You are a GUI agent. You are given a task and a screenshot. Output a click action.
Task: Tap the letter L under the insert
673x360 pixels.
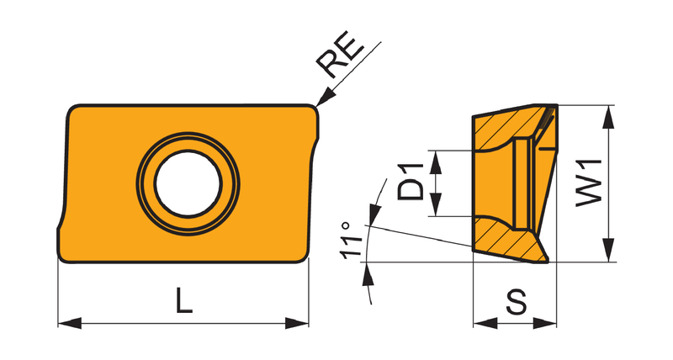click(183, 300)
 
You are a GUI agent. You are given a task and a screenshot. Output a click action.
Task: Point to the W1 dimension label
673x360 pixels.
click(590, 183)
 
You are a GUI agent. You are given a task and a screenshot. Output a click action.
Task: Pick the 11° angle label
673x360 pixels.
click(351, 241)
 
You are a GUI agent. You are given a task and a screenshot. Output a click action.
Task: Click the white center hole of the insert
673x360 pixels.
click(188, 183)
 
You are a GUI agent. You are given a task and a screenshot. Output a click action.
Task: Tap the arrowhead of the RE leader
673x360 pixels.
click(325, 96)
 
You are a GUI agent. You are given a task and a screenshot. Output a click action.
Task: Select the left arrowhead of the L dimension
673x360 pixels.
click(70, 323)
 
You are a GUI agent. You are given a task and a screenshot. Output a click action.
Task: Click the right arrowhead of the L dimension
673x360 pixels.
click(297, 323)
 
